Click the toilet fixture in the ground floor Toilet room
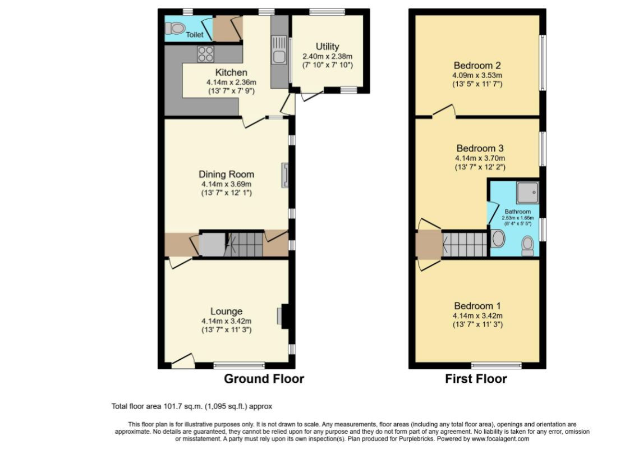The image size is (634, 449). pos(175,28)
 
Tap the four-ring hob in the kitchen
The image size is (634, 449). pos(205,54)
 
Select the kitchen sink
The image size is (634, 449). pos(279,50)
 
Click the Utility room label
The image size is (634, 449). pos(328,47)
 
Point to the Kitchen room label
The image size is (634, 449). pos(231,72)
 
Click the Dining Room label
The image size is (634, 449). pos(227,175)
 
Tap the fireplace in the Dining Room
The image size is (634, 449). pos(285,175)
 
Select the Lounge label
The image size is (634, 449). pos(227,311)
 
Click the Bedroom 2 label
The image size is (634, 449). pos(477,66)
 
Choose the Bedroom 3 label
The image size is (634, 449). pos(480,149)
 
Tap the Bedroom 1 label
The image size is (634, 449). pos(477,306)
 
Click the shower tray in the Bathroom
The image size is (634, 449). pos(527,192)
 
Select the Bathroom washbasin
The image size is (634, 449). pos(498,239)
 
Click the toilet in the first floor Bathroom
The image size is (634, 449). pos(527,246)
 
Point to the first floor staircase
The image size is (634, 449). pos(465,244)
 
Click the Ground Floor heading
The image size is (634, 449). pos(264,379)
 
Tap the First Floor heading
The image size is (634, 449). pos(476,379)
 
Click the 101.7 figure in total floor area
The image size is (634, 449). pos(172,406)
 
